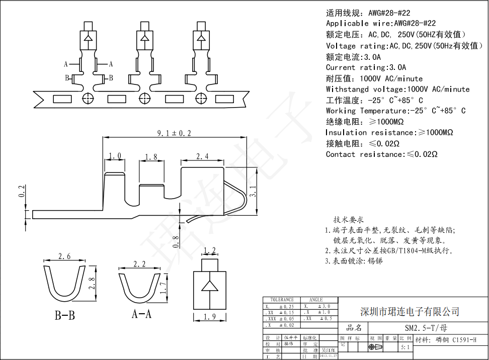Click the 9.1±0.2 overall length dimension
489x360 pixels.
tap(174, 133)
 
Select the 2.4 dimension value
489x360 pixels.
tap(202, 156)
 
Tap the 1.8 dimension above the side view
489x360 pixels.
tap(150, 157)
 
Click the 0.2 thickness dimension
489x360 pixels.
tap(21, 191)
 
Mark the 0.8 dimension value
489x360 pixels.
tap(175, 242)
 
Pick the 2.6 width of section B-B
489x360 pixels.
tap(64, 256)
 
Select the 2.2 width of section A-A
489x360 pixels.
tap(139, 263)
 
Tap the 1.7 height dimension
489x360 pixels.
tap(162, 288)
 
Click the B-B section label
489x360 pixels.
tap(65, 316)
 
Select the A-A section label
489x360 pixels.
tap(141, 314)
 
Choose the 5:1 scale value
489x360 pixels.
tap(404, 346)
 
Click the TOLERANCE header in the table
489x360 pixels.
tap(282, 300)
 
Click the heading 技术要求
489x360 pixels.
tap(349, 220)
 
